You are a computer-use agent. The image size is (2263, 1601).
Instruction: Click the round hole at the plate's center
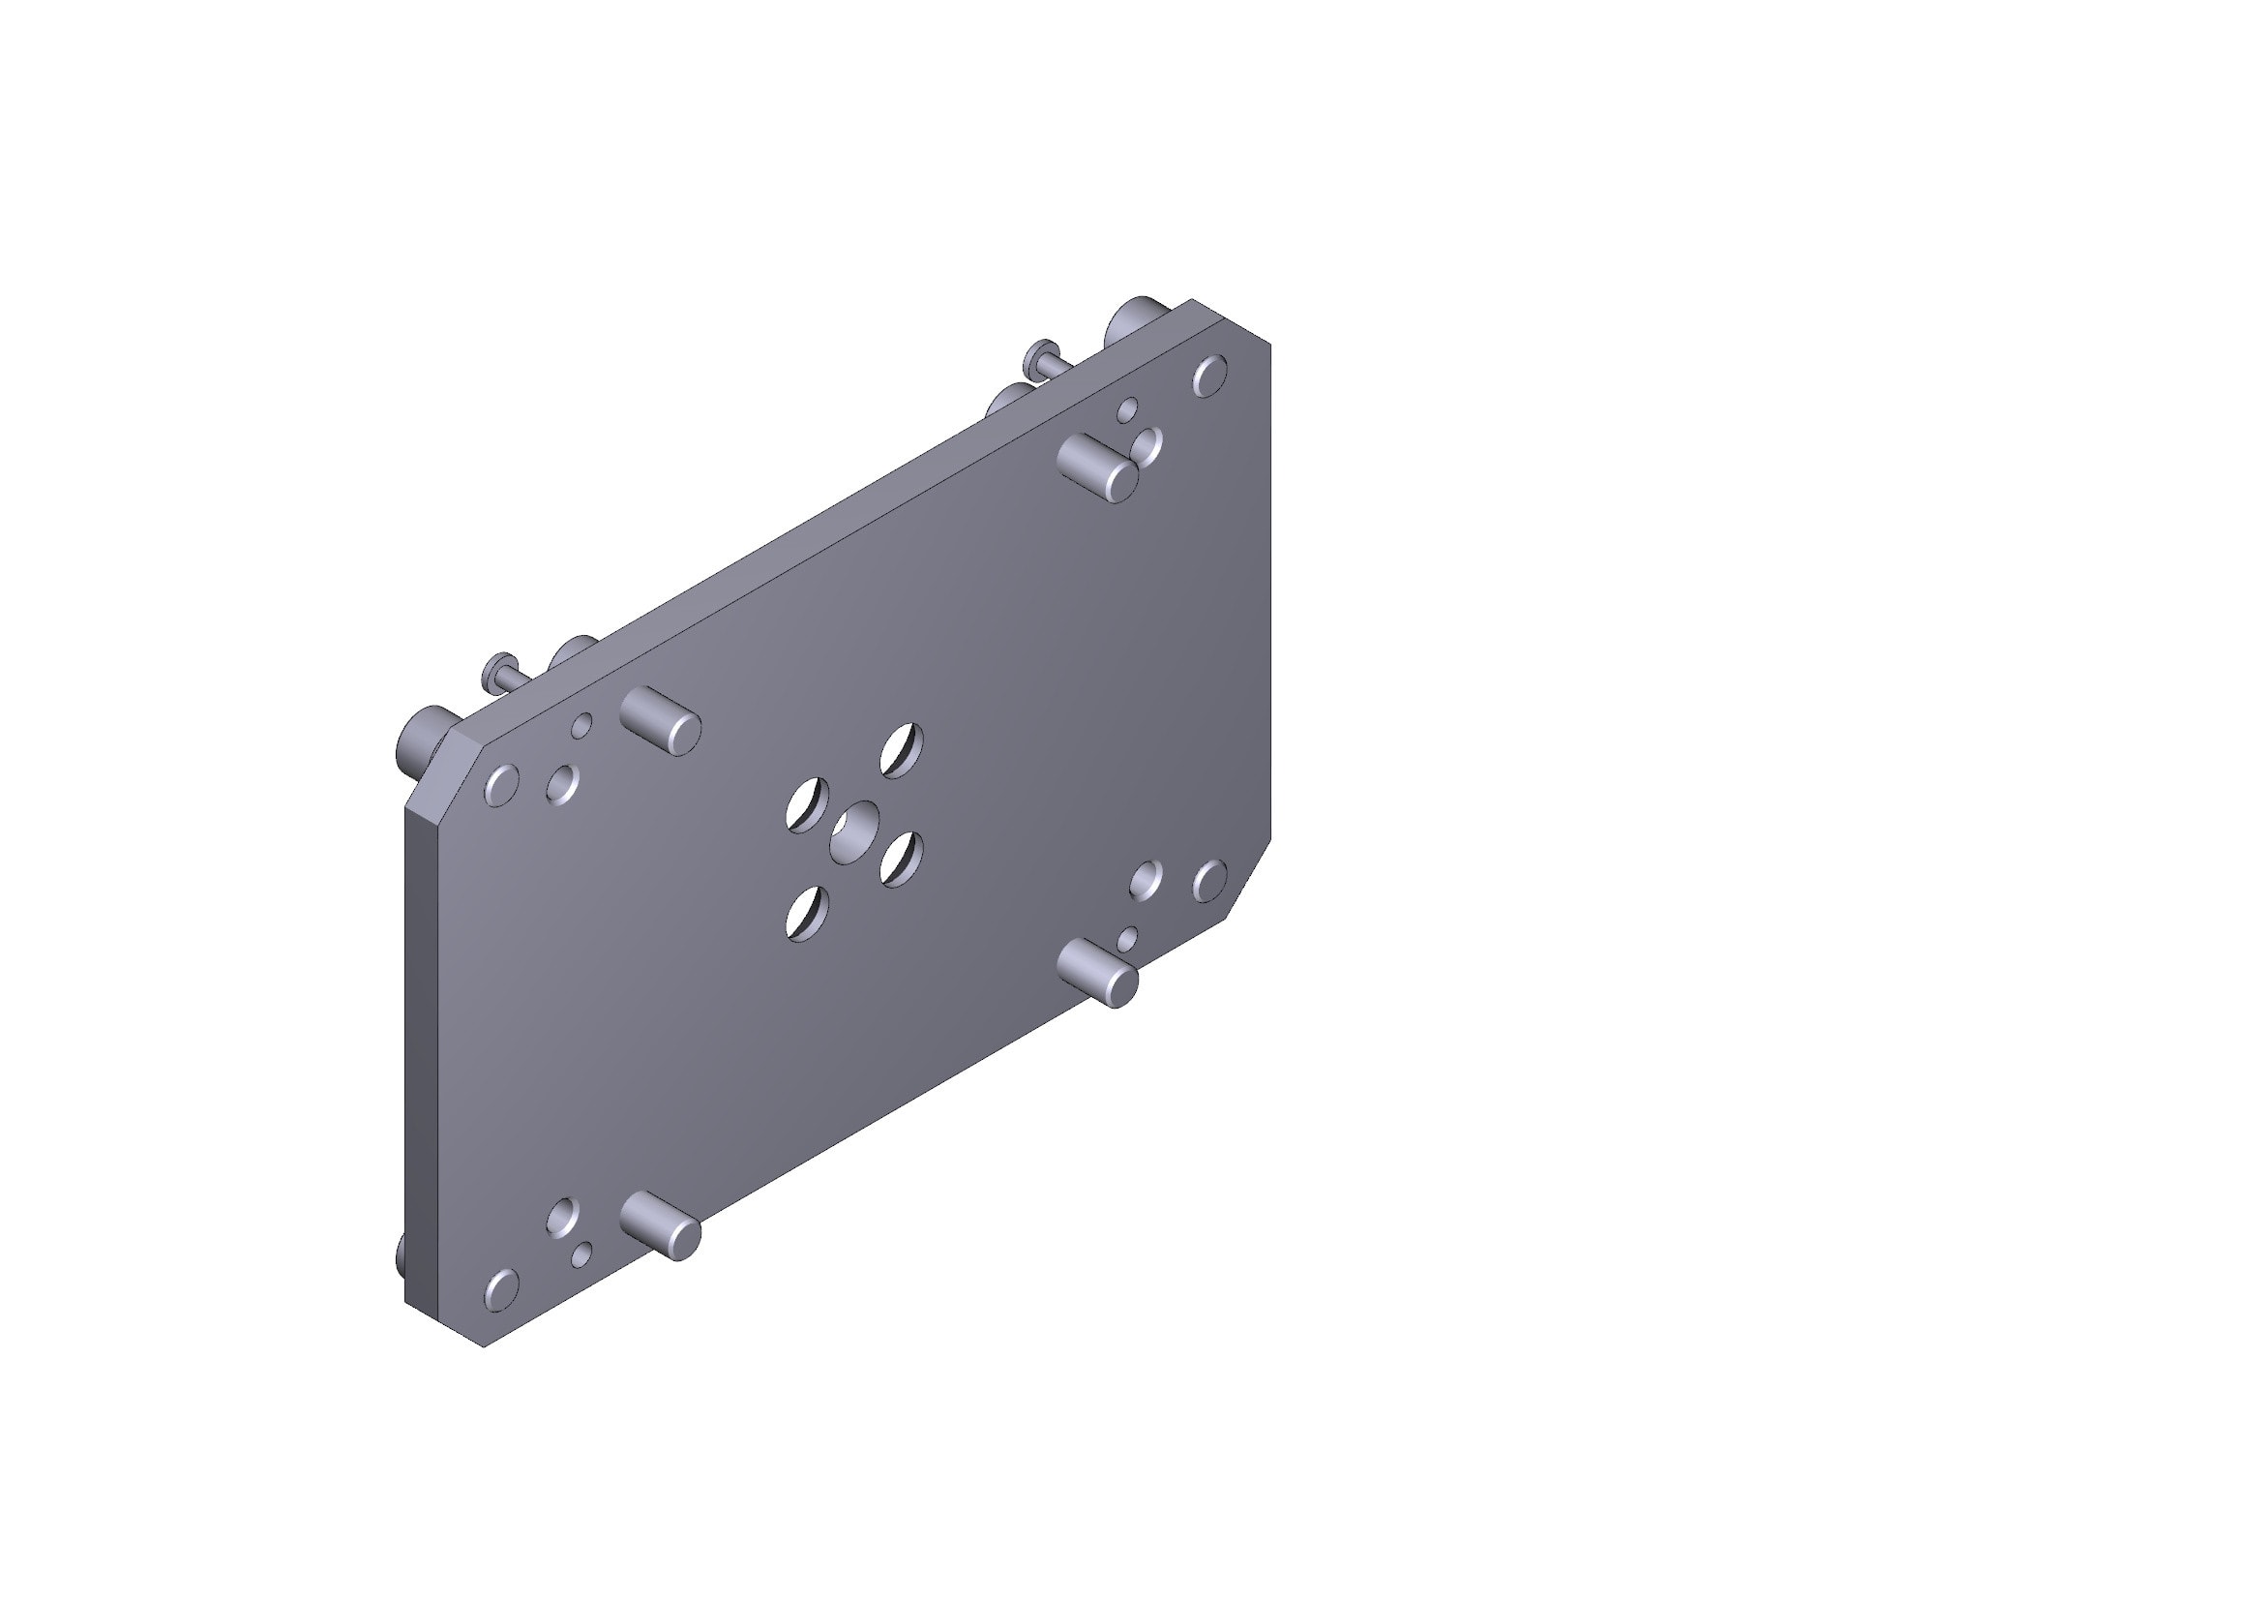tap(854, 832)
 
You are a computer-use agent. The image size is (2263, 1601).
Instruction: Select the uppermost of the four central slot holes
tap(902, 750)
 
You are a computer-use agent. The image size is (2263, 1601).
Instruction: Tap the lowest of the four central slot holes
tap(807, 913)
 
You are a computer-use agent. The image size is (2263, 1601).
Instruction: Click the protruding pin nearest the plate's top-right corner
tap(1097, 468)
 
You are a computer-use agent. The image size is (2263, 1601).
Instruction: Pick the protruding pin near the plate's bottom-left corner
tap(661, 1225)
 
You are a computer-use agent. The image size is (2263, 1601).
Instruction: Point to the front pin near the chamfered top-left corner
tap(661, 721)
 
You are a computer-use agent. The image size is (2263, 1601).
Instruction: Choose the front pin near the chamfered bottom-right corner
tap(1097, 972)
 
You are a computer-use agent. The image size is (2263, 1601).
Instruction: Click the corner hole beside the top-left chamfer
tap(501, 786)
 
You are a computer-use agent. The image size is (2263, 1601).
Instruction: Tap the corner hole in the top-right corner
tap(1210, 376)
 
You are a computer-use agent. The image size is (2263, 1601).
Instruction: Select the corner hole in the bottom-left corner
tap(501, 1290)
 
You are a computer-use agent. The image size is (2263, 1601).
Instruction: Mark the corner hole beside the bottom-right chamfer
tap(1210, 880)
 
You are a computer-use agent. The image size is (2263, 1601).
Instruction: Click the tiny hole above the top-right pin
tap(1127, 409)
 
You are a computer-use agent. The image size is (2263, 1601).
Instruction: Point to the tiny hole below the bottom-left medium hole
tap(581, 1255)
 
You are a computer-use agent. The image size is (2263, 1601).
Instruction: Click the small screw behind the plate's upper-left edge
tap(503, 672)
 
